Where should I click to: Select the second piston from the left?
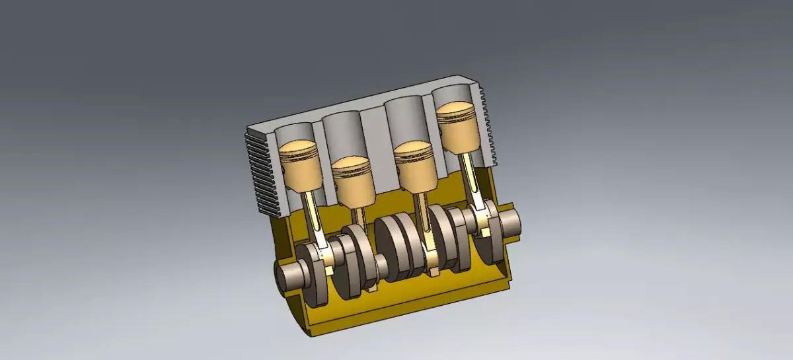353,182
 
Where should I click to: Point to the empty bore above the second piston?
344,135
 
